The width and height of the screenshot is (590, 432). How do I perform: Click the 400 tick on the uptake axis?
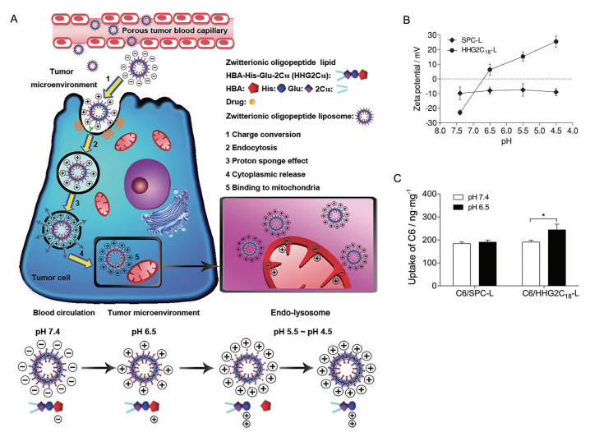pyautogui.click(x=434, y=195)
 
